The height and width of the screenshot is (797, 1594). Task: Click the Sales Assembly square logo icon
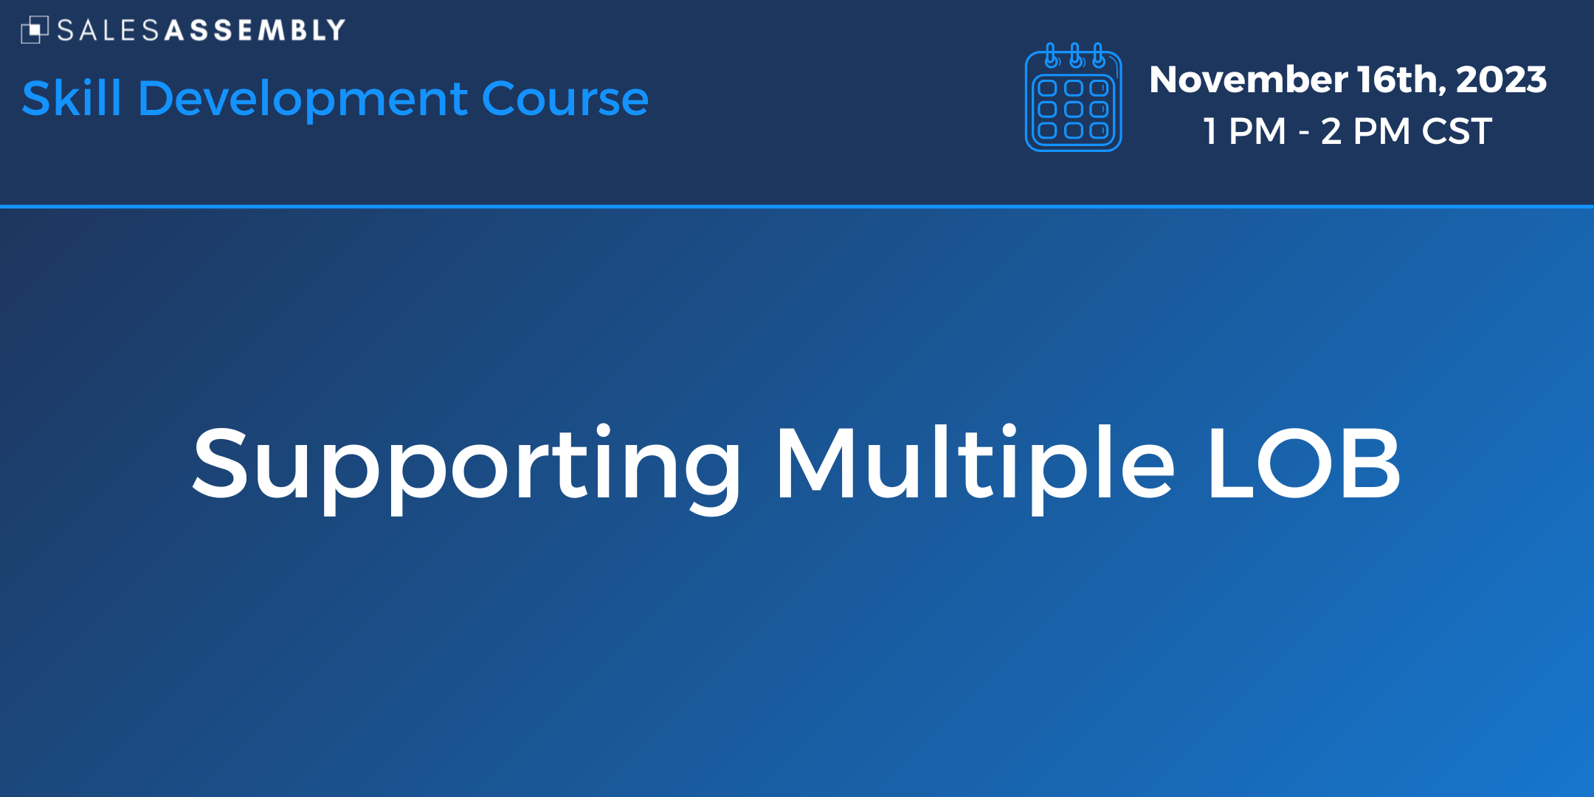(35, 30)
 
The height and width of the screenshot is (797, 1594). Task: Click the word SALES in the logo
(108, 30)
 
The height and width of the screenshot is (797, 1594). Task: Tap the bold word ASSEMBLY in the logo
(255, 30)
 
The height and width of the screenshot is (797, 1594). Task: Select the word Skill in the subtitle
(72, 98)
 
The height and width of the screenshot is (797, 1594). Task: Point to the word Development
(303, 100)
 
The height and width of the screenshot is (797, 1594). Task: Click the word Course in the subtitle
(565, 100)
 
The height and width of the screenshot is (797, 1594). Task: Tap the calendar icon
(1074, 97)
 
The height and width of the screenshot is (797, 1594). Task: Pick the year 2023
(1501, 80)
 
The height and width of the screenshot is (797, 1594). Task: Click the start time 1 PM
(1245, 131)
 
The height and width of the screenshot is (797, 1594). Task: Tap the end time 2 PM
(1366, 131)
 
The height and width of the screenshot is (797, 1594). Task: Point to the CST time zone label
(1457, 131)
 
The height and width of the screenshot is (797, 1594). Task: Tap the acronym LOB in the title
(1304, 463)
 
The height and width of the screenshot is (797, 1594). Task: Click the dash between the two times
(1304, 134)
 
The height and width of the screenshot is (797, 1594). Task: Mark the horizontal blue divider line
(797, 207)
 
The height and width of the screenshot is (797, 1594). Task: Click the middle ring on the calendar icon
(1075, 55)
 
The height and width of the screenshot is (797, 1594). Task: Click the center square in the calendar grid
(1074, 109)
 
